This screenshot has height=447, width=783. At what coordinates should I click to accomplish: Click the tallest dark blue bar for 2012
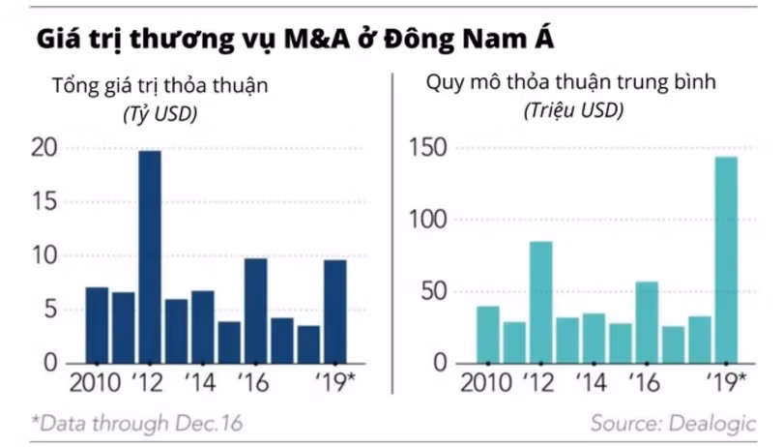point(150,256)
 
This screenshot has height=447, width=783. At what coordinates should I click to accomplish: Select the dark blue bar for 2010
point(97,325)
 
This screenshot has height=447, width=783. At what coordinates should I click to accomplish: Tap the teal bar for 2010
point(488,335)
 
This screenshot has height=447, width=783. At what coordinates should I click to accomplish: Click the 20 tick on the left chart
point(43,148)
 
